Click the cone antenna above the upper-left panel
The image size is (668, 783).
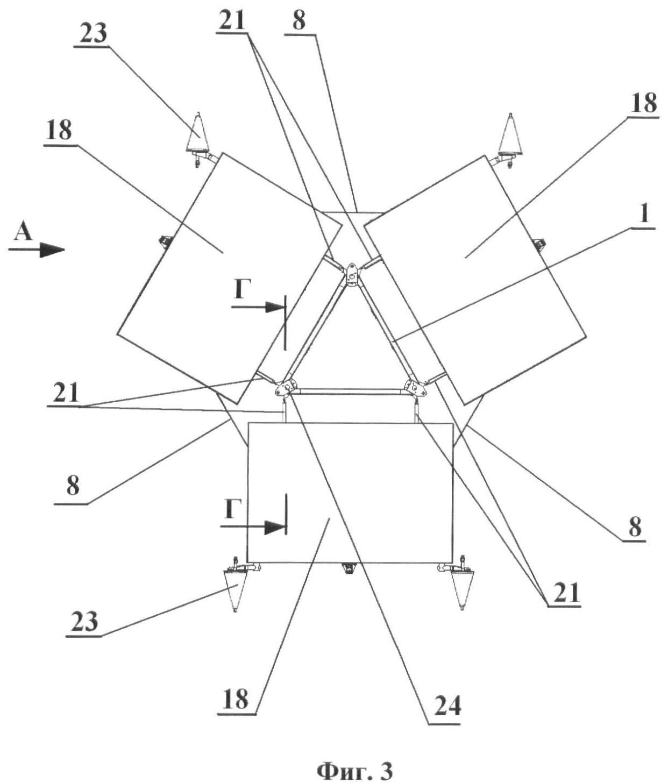point(198,133)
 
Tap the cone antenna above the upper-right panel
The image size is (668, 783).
point(510,134)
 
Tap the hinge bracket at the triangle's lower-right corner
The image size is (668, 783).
point(416,388)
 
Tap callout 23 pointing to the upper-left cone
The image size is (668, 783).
point(93,33)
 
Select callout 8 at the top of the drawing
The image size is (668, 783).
point(299,21)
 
